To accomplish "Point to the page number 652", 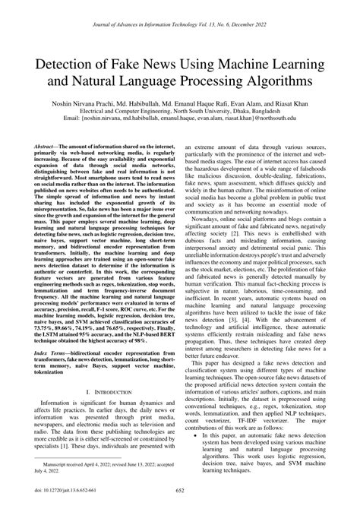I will [x=180, y=495].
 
